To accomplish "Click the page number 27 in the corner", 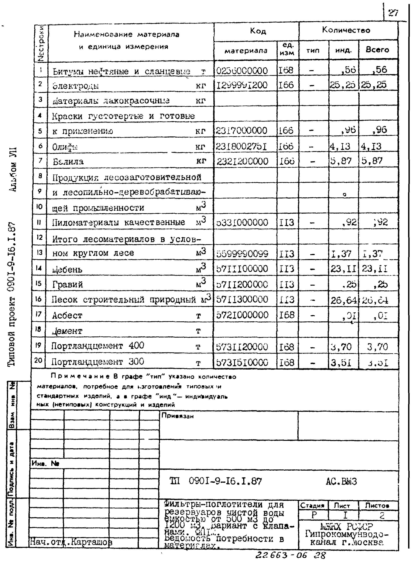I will [393, 13].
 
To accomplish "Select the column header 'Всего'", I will [377, 50].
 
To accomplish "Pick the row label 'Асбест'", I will [67, 315].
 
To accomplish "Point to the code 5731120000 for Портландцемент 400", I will [242, 347].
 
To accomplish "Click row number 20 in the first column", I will [38, 360].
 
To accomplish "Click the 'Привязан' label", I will [178, 416].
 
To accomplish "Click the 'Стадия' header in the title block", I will [312, 506].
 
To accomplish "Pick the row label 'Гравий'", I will [68, 285].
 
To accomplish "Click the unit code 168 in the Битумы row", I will [286, 70].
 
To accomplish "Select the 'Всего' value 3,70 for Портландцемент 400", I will [377, 347].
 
